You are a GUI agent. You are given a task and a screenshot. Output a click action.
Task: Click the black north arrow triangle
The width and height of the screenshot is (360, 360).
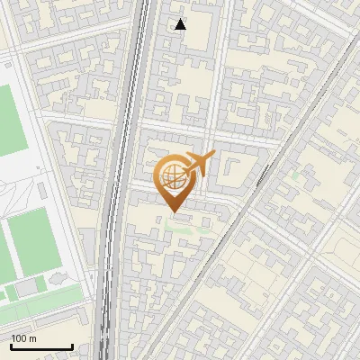[x=181, y=24]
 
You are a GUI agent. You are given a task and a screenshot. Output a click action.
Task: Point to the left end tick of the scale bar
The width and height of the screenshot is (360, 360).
[x=11, y=346]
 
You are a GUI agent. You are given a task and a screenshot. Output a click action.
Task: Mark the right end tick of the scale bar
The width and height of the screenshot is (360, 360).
[x=72, y=346]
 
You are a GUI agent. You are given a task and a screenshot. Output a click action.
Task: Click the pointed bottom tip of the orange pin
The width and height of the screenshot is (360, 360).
[x=174, y=212]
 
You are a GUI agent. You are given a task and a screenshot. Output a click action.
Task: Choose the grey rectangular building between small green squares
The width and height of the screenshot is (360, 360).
[x=28, y=286]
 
